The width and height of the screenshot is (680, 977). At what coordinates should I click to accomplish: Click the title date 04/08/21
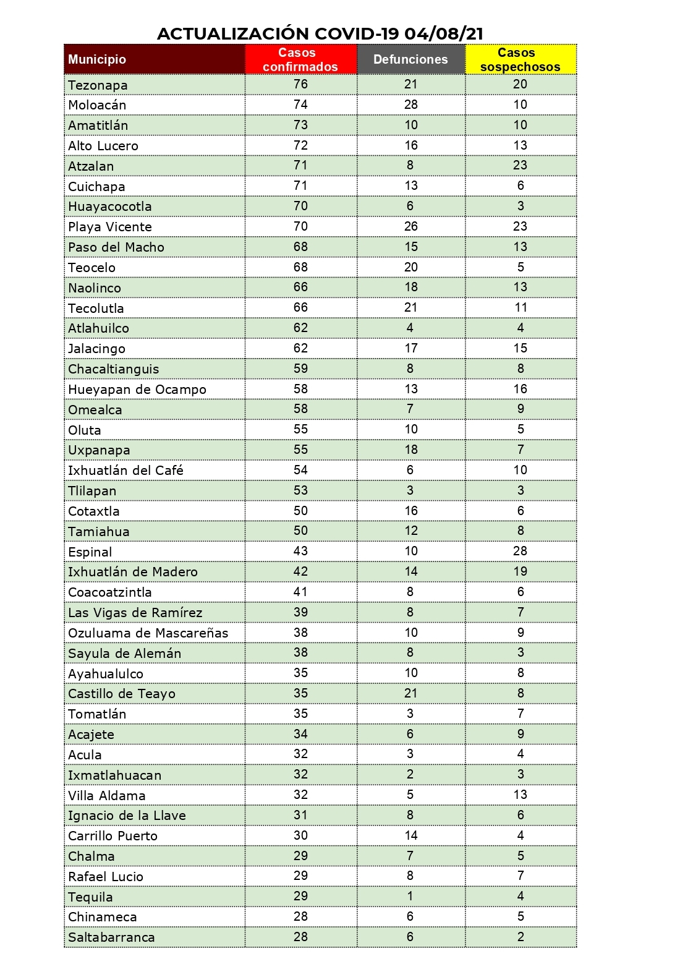tap(444, 33)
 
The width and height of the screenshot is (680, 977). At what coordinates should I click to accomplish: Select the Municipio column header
tap(97, 59)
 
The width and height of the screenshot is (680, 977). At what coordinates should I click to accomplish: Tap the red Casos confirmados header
tap(300, 59)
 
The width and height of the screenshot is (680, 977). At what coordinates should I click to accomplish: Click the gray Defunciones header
tap(410, 59)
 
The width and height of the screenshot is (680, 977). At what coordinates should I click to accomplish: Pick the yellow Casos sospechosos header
tap(520, 59)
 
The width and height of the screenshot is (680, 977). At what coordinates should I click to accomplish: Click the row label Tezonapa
tap(98, 85)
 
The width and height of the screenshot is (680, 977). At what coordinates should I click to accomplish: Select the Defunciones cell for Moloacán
tap(411, 105)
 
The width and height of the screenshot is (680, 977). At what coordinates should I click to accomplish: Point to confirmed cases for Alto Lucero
tap(300, 145)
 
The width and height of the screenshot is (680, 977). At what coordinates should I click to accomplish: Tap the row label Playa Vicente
tap(110, 227)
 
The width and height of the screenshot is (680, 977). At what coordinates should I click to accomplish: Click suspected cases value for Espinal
tap(521, 551)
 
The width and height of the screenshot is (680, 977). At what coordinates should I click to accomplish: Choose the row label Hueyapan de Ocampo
tap(137, 390)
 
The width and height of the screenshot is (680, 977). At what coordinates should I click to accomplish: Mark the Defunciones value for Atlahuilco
tap(410, 328)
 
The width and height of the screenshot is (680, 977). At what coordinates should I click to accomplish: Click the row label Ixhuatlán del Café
tap(125, 471)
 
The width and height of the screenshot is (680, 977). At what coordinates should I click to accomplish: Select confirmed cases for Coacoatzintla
tap(300, 592)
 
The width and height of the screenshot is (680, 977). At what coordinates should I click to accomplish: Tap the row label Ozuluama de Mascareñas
tap(148, 633)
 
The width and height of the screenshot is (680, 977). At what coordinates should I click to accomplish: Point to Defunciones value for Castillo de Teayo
tap(411, 693)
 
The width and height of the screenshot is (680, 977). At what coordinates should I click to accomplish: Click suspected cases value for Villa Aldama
tap(521, 795)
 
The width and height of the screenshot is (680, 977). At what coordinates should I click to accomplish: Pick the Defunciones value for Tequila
tap(410, 896)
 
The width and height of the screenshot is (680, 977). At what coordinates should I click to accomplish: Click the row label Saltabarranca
tap(111, 937)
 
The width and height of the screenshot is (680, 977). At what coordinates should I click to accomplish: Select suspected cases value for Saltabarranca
tap(521, 937)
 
